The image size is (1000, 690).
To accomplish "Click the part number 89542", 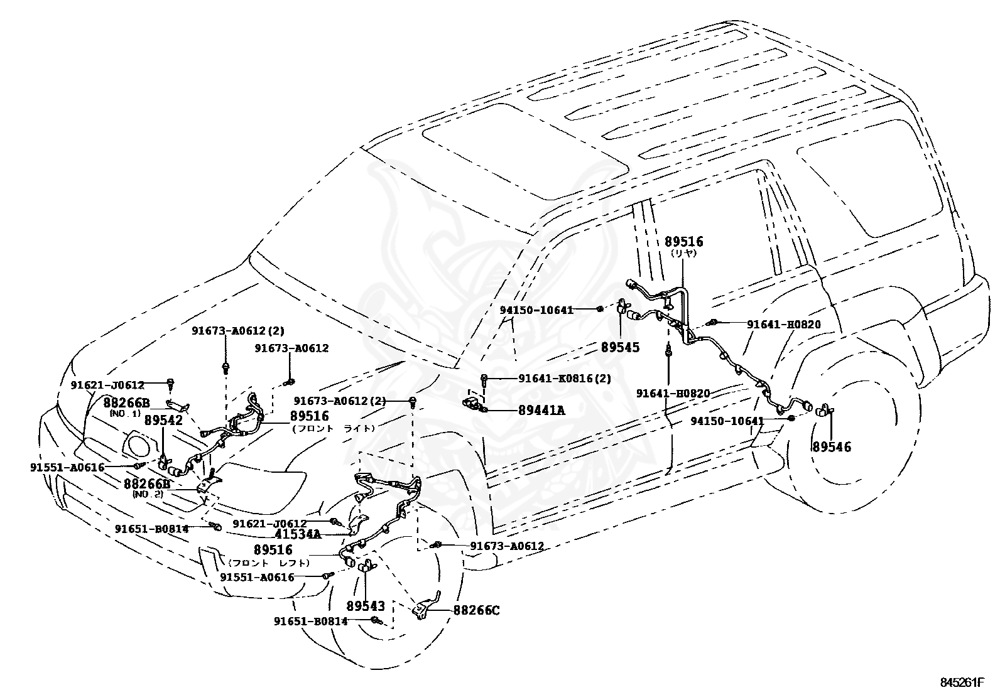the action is [x=164, y=421].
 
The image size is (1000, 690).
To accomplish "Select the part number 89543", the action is [x=366, y=606].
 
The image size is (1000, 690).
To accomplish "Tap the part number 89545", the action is [x=621, y=347].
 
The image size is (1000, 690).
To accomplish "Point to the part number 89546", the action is [x=832, y=447].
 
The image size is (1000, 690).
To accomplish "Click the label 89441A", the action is [x=541, y=410].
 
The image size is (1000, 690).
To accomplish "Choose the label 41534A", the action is [x=298, y=534].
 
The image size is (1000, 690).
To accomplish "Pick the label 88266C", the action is [x=477, y=610].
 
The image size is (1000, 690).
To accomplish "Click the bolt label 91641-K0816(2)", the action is [x=564, y=379].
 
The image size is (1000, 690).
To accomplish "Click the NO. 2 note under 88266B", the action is [x=148, y=494].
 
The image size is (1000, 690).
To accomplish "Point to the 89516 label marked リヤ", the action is [x=683, y=242].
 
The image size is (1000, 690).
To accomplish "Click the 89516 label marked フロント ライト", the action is [x=310, y=416].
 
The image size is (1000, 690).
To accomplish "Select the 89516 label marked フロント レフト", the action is [x=273, y=550].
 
